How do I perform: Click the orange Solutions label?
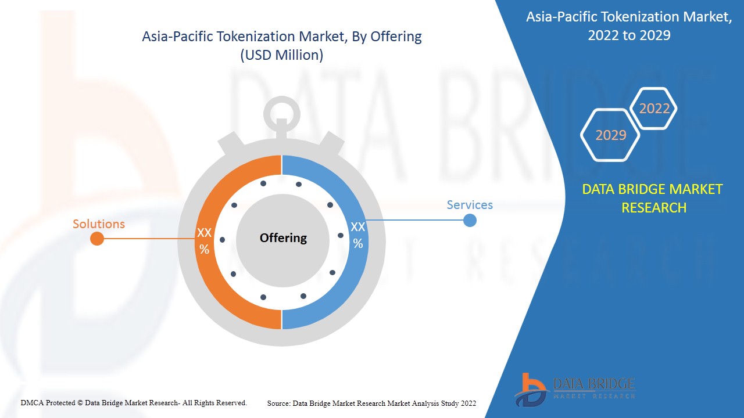[99, 224]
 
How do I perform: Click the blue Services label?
[470, 205]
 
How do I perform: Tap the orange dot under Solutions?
[97, 239]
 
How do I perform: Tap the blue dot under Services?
[470, 221]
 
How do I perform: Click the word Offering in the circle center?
[283, 238]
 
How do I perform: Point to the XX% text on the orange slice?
[204, 241]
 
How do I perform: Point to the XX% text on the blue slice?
[358, 235]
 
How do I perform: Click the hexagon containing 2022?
[654, 109]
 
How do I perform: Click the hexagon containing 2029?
[610, 135]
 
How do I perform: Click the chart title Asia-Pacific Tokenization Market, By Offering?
[282, 37]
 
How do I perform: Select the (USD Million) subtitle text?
[282, 56]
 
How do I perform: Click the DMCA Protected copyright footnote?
[134, 402]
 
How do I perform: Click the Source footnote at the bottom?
[372, 403]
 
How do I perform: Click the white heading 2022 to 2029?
[629, 35]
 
